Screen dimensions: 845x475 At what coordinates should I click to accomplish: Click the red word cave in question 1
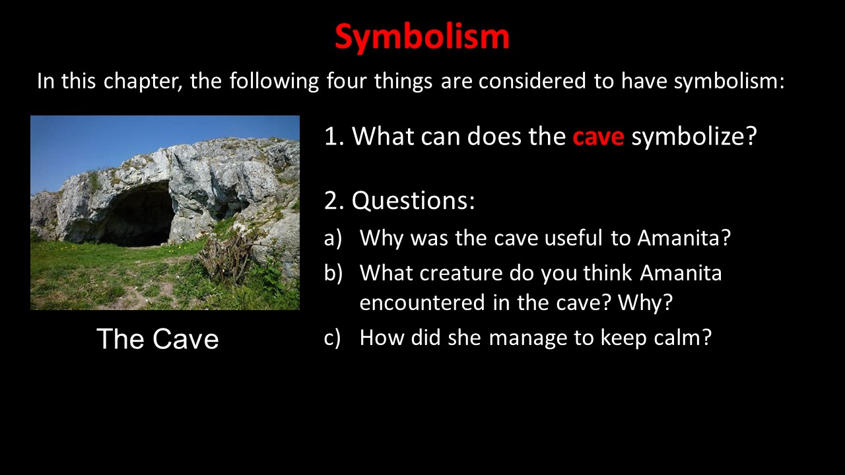tap(598, 137)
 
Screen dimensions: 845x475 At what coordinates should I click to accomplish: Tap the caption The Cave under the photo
tap(158, 338)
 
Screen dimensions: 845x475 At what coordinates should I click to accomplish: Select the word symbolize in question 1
tap(694, 137)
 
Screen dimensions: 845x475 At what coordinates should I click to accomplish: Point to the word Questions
tap(413, 200)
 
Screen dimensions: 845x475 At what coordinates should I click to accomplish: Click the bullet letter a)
tap(333, 238)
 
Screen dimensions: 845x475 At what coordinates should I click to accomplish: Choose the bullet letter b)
tap(333, 272)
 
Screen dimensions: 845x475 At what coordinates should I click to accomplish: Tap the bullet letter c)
tap(332, 338)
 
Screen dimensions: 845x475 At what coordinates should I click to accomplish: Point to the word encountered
tap(422, 302)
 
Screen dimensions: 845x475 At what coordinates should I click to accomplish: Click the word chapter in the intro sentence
tap(143, 81)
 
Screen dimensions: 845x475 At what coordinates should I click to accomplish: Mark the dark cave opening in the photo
tap(139, 215)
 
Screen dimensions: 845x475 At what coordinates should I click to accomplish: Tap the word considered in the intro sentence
tap(532, 80)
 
